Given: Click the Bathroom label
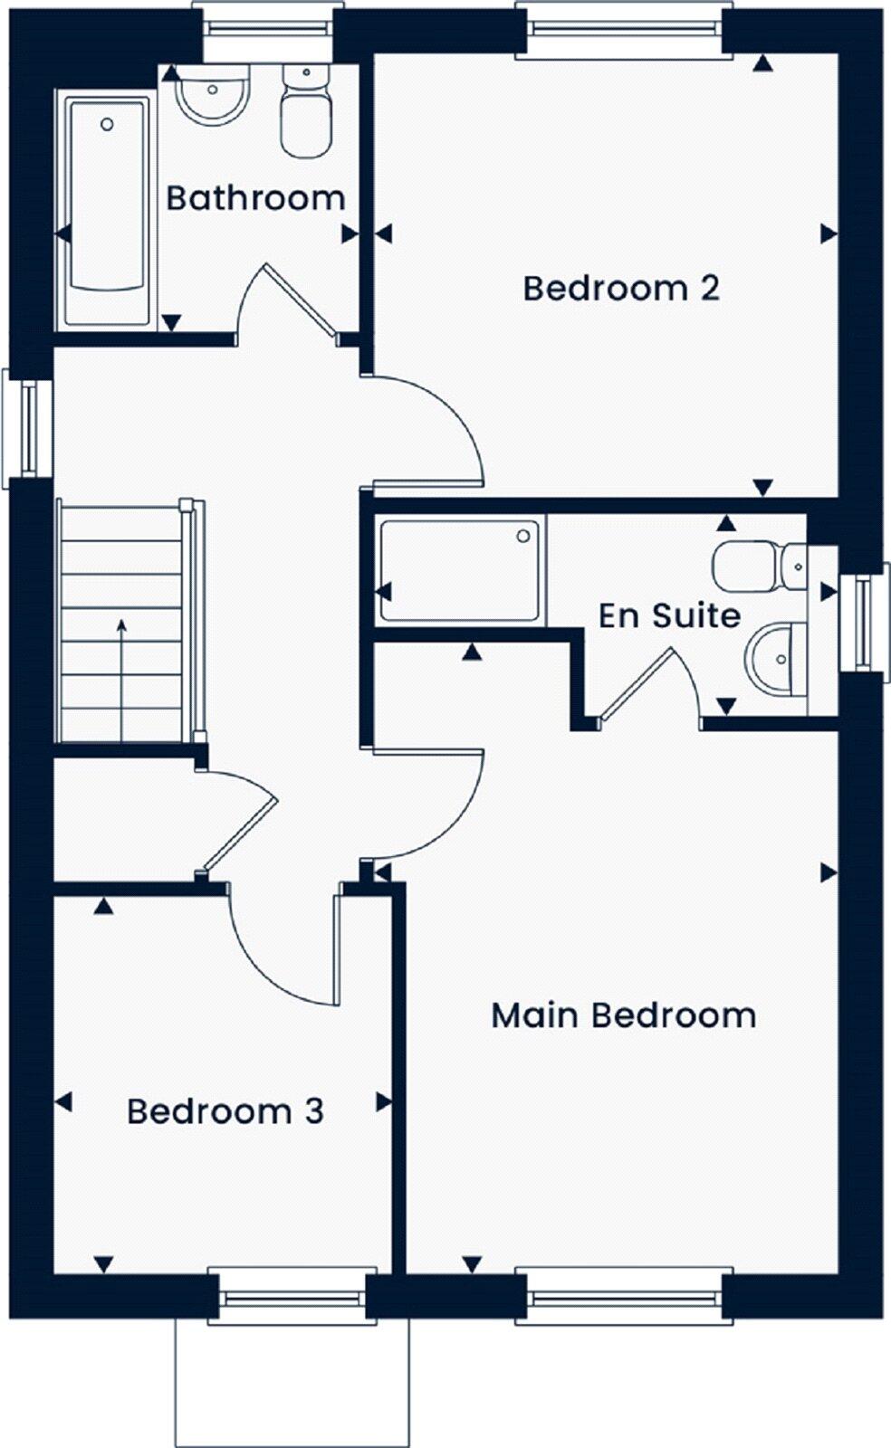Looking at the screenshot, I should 255,197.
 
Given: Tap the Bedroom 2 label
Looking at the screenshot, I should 621,288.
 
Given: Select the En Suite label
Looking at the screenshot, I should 669,615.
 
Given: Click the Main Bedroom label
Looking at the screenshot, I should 623,1015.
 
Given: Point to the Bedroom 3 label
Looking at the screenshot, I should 225,1110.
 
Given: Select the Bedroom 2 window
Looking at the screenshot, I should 624,27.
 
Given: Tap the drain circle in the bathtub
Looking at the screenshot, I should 107,124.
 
